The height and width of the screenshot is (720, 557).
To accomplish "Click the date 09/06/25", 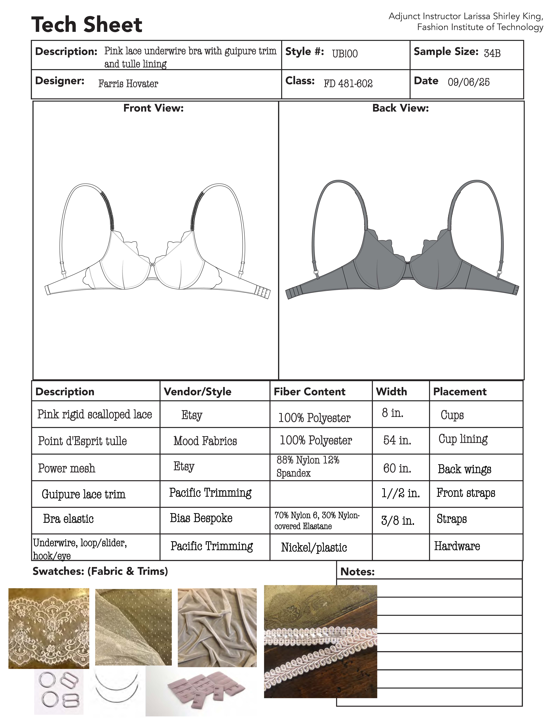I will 469,82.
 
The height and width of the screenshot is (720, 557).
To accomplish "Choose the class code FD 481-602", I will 348,83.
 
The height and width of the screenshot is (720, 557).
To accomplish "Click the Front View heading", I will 153,108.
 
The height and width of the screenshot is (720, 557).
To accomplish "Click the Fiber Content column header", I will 310,392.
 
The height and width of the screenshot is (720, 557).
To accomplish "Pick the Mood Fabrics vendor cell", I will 205,441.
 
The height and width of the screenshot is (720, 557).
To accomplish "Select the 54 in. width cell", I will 397,440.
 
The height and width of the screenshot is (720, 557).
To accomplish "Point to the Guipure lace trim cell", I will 84,494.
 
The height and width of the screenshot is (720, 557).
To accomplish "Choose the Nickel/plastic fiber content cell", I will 314,548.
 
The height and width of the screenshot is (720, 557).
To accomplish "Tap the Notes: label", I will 357,572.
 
